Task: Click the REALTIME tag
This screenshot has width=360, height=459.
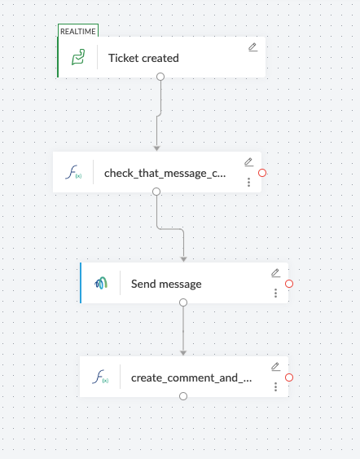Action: click(x=78, y=31)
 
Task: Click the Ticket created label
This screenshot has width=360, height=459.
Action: click(x=143, y=58)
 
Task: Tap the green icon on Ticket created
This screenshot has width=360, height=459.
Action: click(x=78, y=57)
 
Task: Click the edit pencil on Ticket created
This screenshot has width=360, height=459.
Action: click(x=253, y=47)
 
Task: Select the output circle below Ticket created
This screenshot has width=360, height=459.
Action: click(x=160, y=77)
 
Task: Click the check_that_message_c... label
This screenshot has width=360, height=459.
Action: click(x=165, y=174)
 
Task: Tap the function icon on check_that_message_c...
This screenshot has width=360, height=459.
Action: click(x=73, y=172)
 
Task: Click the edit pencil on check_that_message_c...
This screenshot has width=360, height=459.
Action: click(x=249, y=162)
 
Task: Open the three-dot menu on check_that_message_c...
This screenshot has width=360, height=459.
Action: click(x=249, y=182)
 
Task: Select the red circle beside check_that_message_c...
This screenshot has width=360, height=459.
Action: click(x=262, y=173)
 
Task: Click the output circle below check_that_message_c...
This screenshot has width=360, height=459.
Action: click(x=156, y=192)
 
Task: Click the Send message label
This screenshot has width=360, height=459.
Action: click(x=166, y=284)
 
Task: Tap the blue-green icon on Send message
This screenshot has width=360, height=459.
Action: click(x=101, y=283)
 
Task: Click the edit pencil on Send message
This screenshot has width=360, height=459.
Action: click(x=276, y=273)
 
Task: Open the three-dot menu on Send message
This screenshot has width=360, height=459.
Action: click(x=275, y=293)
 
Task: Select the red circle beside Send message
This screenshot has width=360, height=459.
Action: click(x=289, y=284)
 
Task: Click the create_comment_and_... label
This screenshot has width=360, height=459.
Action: click(x=191, y=378)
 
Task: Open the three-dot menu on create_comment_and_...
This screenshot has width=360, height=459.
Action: click(x=275, y=387)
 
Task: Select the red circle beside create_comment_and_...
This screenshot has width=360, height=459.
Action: click(x=289, y=377)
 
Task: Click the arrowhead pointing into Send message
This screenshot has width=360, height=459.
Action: click(x=183, y=259)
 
